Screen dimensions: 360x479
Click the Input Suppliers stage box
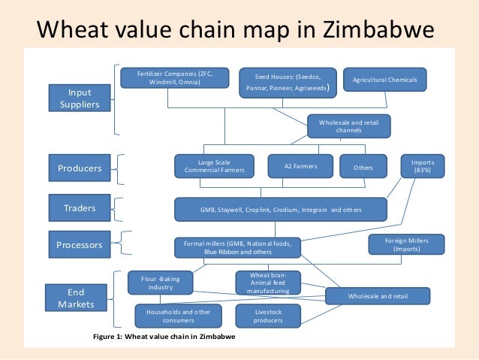80,98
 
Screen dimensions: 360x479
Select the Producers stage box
80,168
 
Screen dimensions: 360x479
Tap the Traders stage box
80,204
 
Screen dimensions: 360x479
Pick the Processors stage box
80,244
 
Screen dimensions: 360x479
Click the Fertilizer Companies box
175,77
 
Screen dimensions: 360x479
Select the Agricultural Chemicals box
384,80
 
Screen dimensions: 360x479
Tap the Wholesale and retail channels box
349,126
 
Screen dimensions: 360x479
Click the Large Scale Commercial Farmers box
214,166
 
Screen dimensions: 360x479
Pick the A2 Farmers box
301,166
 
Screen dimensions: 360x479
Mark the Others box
363,167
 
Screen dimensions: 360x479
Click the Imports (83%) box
423,166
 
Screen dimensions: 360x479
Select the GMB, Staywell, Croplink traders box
281,210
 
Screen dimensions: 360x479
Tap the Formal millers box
237,247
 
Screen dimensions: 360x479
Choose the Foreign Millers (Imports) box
406,244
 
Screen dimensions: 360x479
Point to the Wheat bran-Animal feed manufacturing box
268,283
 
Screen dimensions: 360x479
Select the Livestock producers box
268,316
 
